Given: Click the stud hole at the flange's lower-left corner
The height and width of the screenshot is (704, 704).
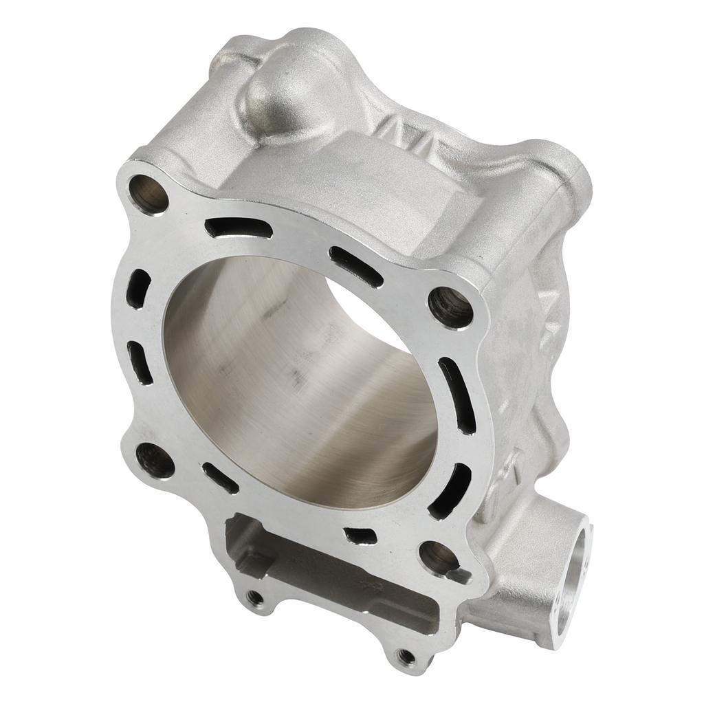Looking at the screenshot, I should pyautogui.click(x=154, y=460).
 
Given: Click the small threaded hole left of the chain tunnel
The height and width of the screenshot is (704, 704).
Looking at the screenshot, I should pyautogui.click(x=256, y=597).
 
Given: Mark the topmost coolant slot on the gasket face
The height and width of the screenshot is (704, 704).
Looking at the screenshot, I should pyautogui.click(x=238, y=228).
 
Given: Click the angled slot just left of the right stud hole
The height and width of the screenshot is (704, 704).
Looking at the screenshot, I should pyautogui.click(x=355, y=266).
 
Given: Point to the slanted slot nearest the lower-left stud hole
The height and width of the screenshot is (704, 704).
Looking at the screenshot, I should pyautogui.click(x=220, y=478).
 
